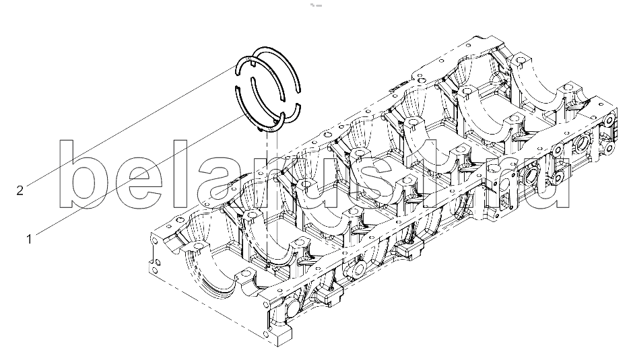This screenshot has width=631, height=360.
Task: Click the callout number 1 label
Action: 29,240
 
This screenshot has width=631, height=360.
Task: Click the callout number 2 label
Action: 20,190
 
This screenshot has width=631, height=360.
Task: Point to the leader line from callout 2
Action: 131,127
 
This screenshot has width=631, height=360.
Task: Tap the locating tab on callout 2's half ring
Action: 251,63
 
